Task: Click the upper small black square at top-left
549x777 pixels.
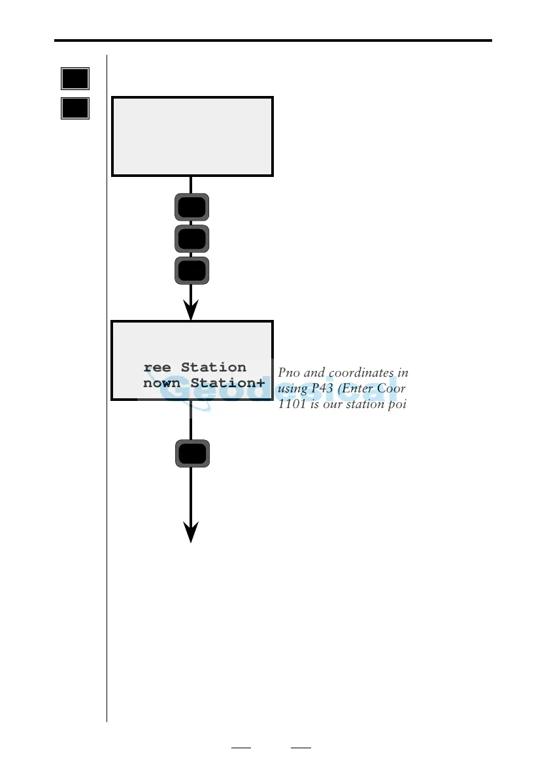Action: pyautogui.click(x=75, y=78)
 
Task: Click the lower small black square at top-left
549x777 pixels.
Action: pyautogui.click(x=75, y=108)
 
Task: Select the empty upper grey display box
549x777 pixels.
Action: pyautogui.click(x=192, y=136)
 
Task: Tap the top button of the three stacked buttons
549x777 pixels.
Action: pyautogui.click(x=191, y=207)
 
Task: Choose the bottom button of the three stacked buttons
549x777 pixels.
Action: pyautogui.click(x=191, y=270)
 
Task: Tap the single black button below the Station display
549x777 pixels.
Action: pyautogui.click(x=191, y=453)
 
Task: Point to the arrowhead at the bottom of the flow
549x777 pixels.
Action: pyautogui.click(x=191, y=531)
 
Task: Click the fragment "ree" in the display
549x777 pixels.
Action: pyautogui.click(x=157, y=368)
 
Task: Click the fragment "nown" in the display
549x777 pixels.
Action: pyautogui.click(x=161, y=383)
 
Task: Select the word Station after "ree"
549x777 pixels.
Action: pyautogui.click(x=214, y=368)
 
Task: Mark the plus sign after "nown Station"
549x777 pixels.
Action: pyautogui.click(x=261, y=383)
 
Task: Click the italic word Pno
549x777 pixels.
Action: pyautogui.click(x=288, y=373)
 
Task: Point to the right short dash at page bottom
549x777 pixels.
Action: pyautogui.click(x=301, y=748)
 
